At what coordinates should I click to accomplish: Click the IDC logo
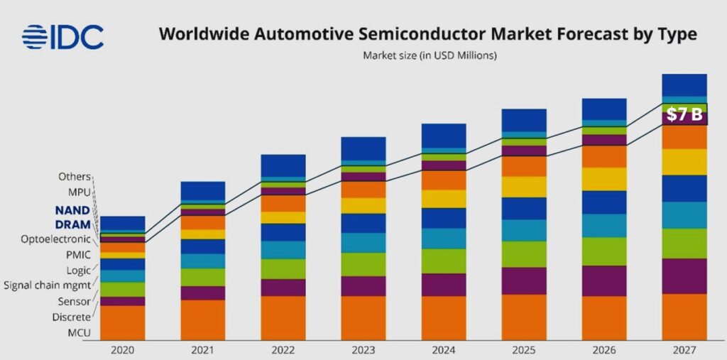pos(62,37)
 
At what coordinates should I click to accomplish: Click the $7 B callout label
pos(684,114)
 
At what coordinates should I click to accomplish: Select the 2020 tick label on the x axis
pos(122,351)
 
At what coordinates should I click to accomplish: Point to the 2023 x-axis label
pos(363,351)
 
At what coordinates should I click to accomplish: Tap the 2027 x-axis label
pos(684,351)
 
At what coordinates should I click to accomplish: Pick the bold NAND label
pos(72,211)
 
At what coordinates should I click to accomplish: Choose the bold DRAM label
pos(72,224)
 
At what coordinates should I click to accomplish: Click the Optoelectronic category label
pos(57,239)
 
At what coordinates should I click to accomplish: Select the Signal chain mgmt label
pos(47,285)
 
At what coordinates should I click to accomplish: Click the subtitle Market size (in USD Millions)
pos(430,55)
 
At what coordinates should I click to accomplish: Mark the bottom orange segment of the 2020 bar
pos(122,323)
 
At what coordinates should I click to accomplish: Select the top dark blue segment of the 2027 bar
pos(684,84)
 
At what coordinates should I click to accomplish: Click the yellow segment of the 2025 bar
pos(524,187)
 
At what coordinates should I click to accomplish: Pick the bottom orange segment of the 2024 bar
pos(444,318)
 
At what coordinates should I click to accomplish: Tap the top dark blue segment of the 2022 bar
pos(283,165)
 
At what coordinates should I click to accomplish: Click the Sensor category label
pos(75,301)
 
